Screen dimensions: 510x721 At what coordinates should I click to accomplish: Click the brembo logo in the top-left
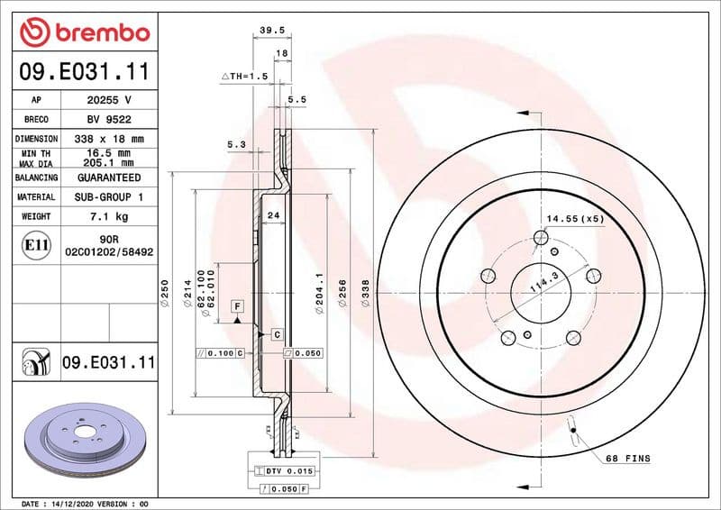pos(84,32)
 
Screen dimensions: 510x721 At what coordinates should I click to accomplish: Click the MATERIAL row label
pos(36,196)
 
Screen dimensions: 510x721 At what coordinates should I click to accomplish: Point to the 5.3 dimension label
pos(236,144)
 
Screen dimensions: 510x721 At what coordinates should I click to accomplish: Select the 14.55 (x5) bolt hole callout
pos(575,219)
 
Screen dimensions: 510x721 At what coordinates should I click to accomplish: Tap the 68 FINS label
pos(627,459)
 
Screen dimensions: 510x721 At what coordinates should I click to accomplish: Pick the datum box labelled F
pos(237,305)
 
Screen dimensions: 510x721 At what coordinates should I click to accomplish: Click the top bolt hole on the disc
pos(541,238)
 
